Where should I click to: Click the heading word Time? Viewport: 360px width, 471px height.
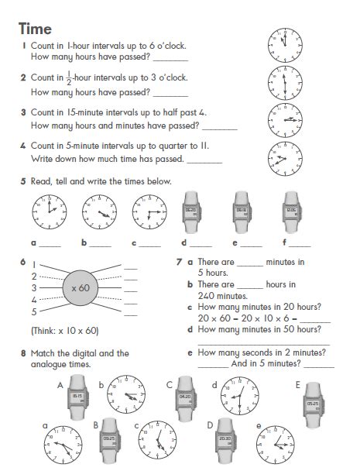click(36, 29)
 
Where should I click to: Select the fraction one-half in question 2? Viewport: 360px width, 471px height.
click(68, 78)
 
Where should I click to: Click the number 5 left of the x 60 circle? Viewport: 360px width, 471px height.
click(33, 312)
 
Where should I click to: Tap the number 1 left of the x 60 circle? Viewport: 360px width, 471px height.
click(33, 264)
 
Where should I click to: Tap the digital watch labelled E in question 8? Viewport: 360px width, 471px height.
click(312, 403)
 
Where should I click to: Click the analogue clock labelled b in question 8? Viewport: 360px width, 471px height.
click(125, 394)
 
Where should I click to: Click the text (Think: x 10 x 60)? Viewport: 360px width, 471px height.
click(64, 331)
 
